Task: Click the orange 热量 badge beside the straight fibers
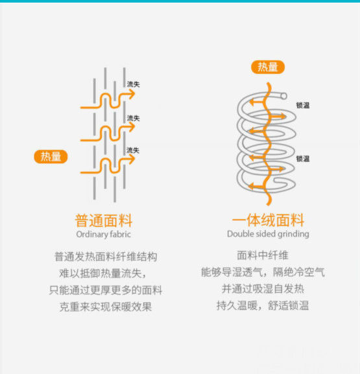pos(51,157)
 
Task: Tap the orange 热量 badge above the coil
pos(268,67)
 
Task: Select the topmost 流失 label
pos(133,84)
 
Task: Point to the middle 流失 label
pos(133,118)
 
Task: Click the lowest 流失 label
pos(133,150)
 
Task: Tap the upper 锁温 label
pos(303,105)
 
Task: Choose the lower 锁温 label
pos(303,159)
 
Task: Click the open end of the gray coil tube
pos(283,96)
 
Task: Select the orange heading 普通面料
pos(104,220)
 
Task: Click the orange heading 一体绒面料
pos(268,220)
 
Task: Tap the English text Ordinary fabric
pos(103,234)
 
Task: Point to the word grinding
pos(293,234)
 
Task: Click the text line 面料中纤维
pos(263,255)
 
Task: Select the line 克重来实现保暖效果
pos(106,307)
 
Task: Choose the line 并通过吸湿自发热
pos(263,289)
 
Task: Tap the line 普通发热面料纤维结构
pos(106,257)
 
